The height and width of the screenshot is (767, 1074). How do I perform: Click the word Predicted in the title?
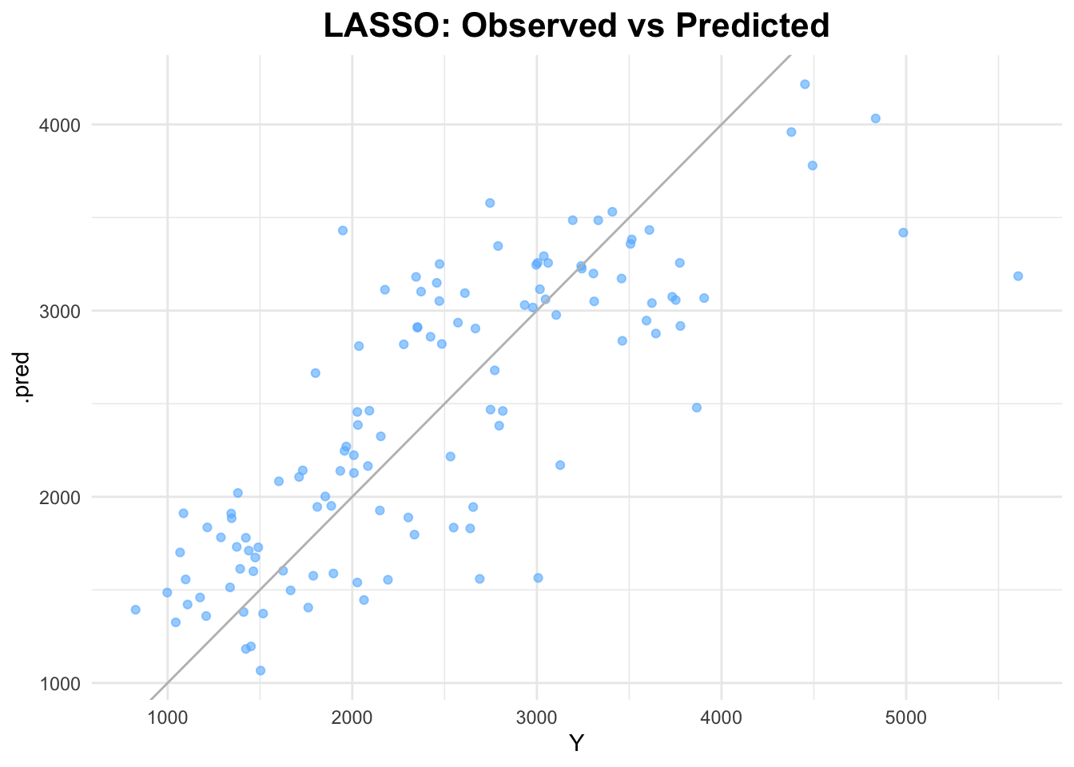pos(752,26)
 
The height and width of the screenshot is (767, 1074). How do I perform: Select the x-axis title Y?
pos(576,745)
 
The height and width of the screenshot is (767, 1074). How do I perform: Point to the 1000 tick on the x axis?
pos(167,719)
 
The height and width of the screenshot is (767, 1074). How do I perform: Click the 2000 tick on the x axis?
pos(352,719)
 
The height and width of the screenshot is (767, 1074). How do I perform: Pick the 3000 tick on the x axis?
pos(536,719)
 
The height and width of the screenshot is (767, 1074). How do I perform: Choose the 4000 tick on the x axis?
pos(722,719)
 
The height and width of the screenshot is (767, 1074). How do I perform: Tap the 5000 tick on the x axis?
pos(906,719)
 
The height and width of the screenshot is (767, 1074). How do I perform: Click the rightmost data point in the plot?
pos(1018,276)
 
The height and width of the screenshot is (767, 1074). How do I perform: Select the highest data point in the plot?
pos(805,84)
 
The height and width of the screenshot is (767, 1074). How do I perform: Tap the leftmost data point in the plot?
pos(135,610)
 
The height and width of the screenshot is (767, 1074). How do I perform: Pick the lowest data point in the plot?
pos(261,670)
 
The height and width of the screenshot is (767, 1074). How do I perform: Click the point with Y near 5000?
pos(903,232)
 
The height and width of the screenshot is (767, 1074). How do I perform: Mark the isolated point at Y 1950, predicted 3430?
pos(343,230)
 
